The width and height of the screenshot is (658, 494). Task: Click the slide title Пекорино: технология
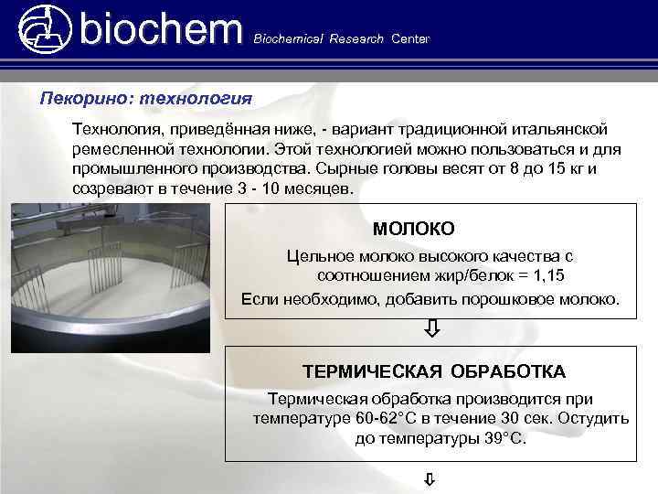click(x=145, y=96)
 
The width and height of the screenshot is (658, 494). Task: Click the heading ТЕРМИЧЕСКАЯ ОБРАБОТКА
click(x=434, y=371)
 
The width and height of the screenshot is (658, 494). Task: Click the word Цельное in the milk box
click(x=317, y=255)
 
